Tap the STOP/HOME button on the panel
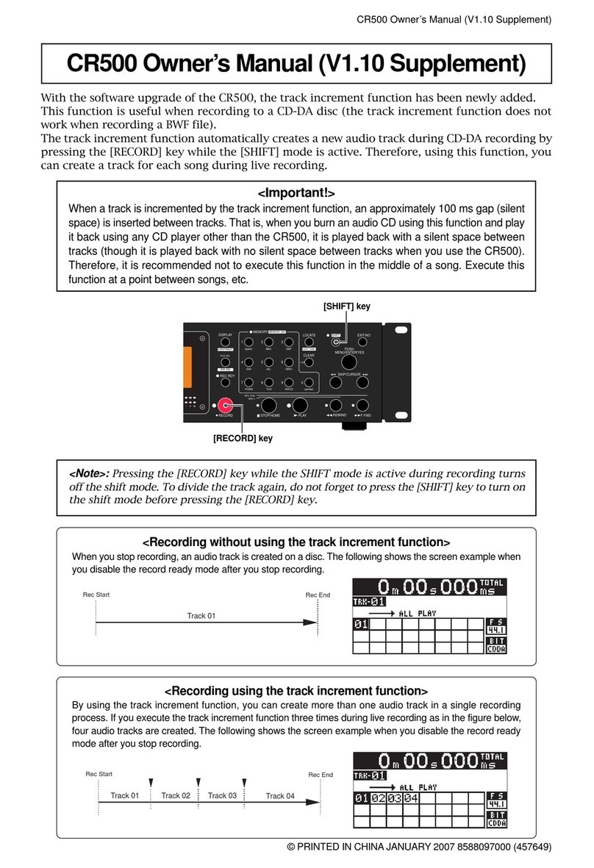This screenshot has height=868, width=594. coord(268,405)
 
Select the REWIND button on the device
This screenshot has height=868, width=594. coord(335,405)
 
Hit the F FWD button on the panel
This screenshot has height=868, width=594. coord(362,405)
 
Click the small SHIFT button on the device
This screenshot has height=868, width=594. coord(335,340)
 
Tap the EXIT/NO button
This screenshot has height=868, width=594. coord(362,343)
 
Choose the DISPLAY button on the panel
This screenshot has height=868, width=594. coord(225,343)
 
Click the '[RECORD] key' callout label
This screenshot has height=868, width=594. coord(243,438)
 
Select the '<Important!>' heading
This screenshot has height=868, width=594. coord(297,194)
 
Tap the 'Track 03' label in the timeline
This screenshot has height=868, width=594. coord(221,795)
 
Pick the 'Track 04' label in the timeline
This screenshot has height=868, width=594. coord(279,796)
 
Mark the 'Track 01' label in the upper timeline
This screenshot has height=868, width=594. coord(201,616)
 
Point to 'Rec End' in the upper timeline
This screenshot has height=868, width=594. coord(318,595)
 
